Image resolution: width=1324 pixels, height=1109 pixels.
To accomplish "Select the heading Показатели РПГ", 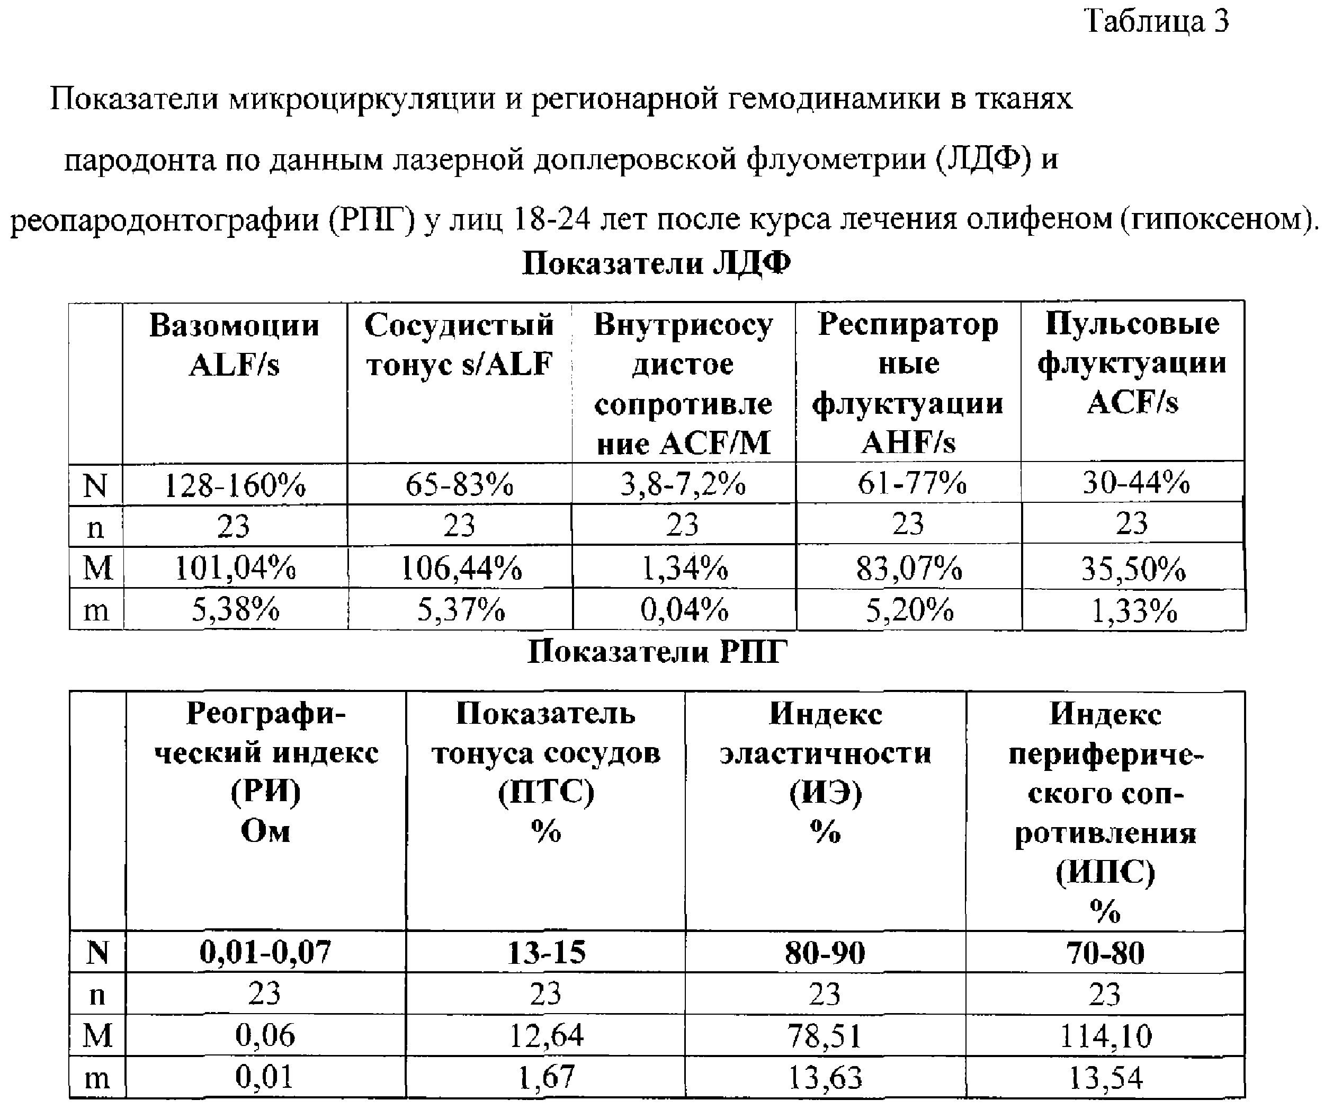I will (657, 652).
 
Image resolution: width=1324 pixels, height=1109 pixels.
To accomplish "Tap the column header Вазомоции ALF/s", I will (234, 344).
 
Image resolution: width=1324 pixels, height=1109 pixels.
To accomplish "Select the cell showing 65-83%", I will (460, 484).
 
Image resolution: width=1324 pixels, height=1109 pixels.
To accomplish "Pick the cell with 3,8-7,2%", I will (683, 484).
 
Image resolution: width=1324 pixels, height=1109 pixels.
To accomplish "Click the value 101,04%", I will (235, 569).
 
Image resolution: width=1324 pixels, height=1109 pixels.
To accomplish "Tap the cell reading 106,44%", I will (461, 569).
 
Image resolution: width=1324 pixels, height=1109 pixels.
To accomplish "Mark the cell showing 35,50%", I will (1133, 569).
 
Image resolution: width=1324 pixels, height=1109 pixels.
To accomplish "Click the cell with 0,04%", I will (684, 610).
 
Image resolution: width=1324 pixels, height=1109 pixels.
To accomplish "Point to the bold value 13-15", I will (546, 952).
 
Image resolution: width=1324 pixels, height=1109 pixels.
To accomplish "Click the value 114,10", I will (1106, 1036).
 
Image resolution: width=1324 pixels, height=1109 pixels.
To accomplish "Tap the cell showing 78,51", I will (825, 1036).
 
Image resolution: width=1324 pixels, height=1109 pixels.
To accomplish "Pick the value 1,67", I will (546, 1077).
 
